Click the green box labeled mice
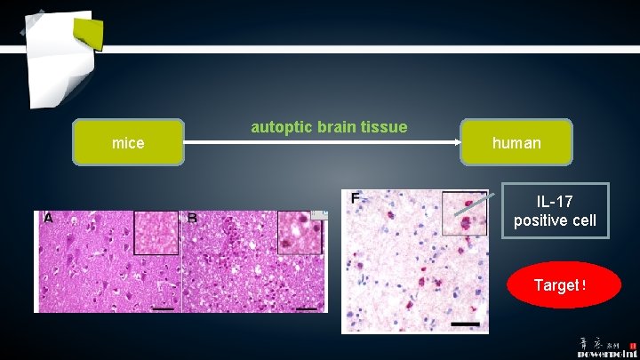coord(128,142)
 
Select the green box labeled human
coord(516,142)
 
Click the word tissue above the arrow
coord(384,127)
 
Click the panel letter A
coord(48,217)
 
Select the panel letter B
coord(193,217)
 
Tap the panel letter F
coord(355,197)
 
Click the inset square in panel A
coord(156,233)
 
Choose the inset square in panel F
coord(465,213)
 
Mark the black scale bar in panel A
coord(162,308)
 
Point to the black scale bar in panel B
coord(307,308)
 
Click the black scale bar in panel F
coord(465,324)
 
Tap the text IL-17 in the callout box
coord(554,203)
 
